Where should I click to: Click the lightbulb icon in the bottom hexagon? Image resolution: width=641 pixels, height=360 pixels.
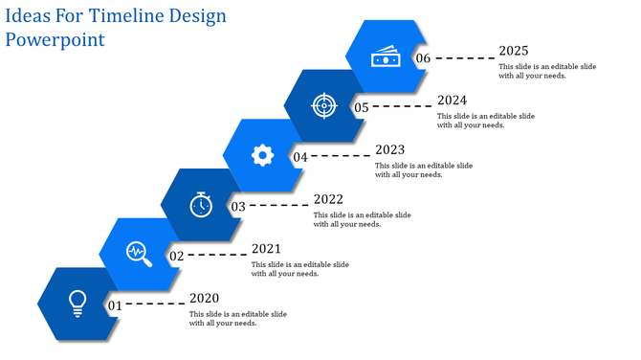tap(77, 303)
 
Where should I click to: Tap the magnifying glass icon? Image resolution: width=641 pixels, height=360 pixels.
tap(139, 253)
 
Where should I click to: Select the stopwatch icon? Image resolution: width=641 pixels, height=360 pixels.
tap(200, 204)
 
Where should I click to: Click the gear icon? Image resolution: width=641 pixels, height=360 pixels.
tap(262, 154)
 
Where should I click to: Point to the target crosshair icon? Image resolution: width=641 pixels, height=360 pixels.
tap(324, 105)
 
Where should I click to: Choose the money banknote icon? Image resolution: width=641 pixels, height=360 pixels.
tap(386, 57)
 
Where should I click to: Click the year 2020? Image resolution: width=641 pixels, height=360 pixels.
tap(205, 299)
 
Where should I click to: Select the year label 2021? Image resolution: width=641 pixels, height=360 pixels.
tap(267, 249)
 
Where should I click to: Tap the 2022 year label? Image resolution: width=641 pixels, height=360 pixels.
tap(329, 199)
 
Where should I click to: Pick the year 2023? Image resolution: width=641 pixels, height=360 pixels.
tap(390, 149)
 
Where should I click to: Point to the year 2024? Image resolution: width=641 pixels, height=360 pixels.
tap(453, 100)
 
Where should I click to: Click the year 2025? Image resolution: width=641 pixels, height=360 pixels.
tap(514, 51)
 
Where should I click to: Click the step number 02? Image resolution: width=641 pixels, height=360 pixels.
tap(177, 256)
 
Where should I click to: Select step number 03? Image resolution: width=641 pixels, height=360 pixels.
tap(238, 206)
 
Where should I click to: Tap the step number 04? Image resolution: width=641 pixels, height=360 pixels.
tap(300, 157)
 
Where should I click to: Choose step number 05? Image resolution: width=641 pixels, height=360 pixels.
tap(362, 107)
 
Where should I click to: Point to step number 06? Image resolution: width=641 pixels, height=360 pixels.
tap(424, 58)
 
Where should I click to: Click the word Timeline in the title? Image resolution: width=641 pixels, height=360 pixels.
tap(124, 16)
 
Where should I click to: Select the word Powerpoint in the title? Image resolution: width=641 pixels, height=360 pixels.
tap(55, 40)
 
